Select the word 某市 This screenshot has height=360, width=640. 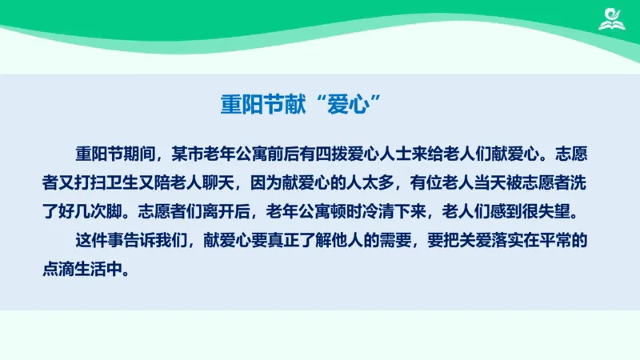coord(198,151)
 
